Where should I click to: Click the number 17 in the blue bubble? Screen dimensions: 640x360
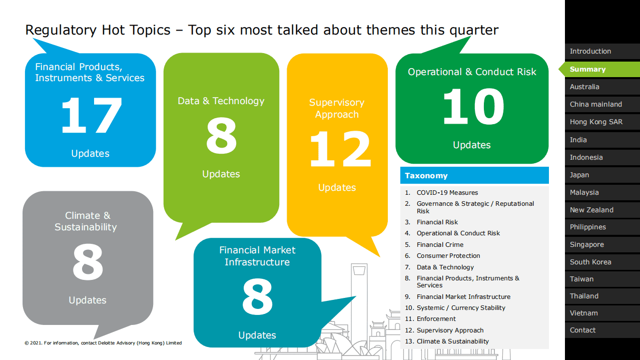click(92, 115)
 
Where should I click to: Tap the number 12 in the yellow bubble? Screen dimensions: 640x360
click(340, 149)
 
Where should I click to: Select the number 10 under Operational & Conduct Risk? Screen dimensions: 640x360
click(473, 106)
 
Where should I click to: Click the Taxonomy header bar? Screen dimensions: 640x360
click(474, 175)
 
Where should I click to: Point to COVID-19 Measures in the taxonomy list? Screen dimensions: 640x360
click(447, 193)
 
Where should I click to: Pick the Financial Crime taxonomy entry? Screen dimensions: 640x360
click(440, 245)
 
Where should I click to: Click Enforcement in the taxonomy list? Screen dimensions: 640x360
click(436, 319)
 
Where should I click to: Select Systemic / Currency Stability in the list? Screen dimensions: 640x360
click(461, 307)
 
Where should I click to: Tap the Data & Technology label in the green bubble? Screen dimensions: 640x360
click(221, 101)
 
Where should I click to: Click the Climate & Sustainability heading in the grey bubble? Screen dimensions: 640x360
click(86, 221)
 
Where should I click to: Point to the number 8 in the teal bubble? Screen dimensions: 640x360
click(257, 297)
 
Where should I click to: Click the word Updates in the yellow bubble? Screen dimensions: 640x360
click(337, 188)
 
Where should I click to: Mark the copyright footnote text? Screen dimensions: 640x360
click(103, 343)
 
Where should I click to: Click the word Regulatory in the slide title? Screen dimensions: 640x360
click(61, 31)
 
